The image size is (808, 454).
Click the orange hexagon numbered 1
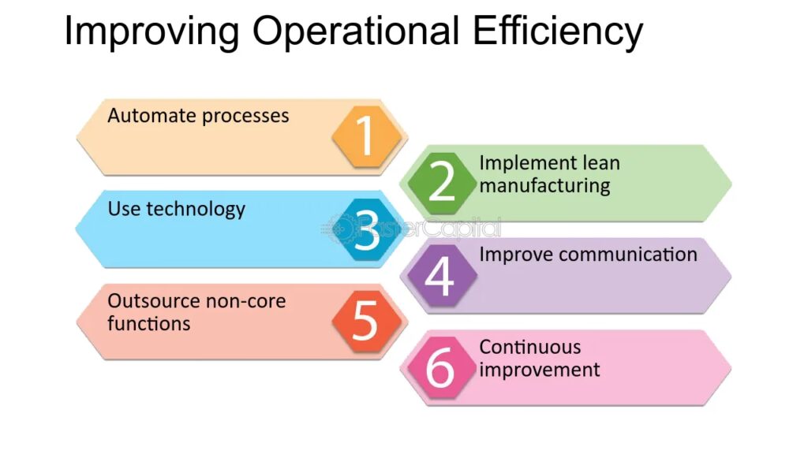(366, 136)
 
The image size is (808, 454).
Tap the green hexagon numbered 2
(442, 183)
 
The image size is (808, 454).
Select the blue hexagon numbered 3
(366, 229)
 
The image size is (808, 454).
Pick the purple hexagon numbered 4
(442, 275)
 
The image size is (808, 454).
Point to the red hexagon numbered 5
(366, 322)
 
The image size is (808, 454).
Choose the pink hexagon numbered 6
(442, 368)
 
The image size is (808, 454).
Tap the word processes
(245, 117)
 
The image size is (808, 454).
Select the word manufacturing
(544, 186)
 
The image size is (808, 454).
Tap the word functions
(149, 323)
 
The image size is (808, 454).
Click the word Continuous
(530, 347)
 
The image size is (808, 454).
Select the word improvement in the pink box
(540, 370)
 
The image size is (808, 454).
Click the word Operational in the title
(356, 32)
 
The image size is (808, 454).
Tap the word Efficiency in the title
(558, 32)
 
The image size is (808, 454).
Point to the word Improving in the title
(152, 32)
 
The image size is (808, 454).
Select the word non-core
(244, 301)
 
